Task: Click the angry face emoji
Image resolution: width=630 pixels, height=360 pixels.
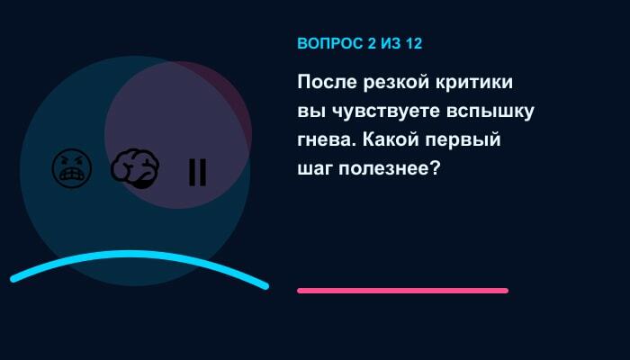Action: point(72,168)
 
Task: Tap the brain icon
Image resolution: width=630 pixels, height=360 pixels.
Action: point(135,169)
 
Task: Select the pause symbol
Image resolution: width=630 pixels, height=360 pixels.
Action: point(198,172)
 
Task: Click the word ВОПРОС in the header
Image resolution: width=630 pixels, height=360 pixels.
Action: point(330,43)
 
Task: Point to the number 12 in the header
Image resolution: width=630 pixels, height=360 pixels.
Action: point(414,43)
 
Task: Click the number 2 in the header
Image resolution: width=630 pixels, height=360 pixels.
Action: point(372,43)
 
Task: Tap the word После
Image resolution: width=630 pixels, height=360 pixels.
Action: point(327,82)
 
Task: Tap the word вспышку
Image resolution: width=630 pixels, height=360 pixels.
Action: point(490,112)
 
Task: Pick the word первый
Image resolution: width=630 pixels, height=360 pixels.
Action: point(463,140)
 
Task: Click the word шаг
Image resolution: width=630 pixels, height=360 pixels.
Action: point(315,169)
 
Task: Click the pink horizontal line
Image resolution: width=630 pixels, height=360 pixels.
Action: point(402,291)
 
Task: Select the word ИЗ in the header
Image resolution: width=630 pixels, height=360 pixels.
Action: point(391,43)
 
